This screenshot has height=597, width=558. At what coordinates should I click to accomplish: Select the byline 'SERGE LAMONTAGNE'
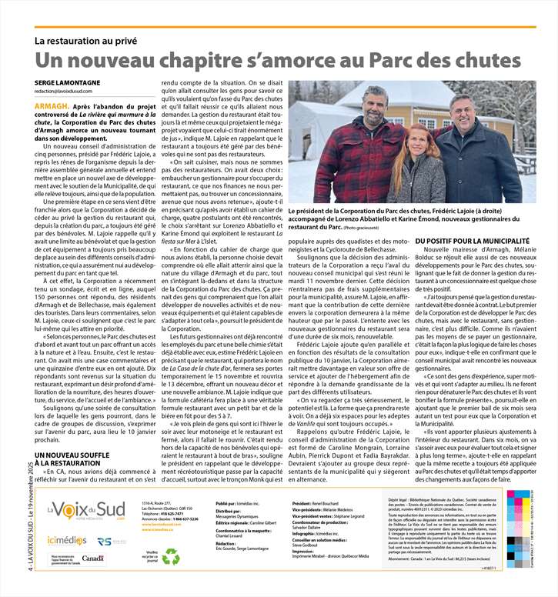(x=67, y=82)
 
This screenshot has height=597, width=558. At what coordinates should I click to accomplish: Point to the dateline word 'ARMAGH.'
(x=51, y=103)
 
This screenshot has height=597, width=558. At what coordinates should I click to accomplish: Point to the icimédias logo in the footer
(x=65, y=540)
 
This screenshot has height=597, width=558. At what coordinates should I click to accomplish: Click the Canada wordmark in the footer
(x=92, y=558)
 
